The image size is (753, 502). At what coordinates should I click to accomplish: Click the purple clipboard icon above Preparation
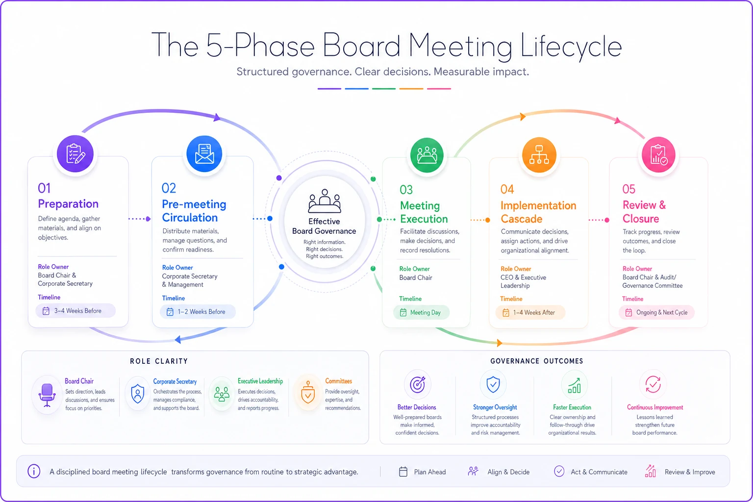click(75, 153)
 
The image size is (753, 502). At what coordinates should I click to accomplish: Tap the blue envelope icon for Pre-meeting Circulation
click(204, 153)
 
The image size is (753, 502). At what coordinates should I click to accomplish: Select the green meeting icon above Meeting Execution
click(427, 155)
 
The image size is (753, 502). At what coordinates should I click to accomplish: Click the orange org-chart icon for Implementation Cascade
click(539, 154)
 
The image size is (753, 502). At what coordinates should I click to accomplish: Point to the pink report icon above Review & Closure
click(658, 154)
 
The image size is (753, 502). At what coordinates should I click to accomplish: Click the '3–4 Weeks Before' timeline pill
click(75, 311)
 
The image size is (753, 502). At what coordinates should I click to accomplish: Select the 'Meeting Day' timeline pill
click(421, 312)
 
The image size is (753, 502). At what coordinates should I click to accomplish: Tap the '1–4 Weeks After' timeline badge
click(530, 312)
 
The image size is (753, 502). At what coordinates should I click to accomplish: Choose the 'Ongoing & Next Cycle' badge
click(656, 312)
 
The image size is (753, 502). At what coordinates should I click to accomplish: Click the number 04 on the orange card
click(507, 189)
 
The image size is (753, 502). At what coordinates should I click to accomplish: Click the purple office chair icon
click(47, 395)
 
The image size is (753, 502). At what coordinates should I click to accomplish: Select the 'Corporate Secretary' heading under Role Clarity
click(175, 381)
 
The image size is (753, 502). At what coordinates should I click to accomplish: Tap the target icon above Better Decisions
click(417, 384)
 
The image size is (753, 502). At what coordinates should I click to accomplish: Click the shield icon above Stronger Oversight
click(493, 384)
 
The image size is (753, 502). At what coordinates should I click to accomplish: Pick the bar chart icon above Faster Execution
click(574, 385)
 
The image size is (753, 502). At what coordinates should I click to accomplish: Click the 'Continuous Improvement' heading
click(655, 407)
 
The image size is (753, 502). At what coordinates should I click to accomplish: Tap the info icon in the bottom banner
click(34, 471)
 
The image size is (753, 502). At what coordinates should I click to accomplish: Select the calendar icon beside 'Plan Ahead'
click(403, 472)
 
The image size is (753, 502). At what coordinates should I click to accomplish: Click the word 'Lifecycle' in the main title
click(571, 47)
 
